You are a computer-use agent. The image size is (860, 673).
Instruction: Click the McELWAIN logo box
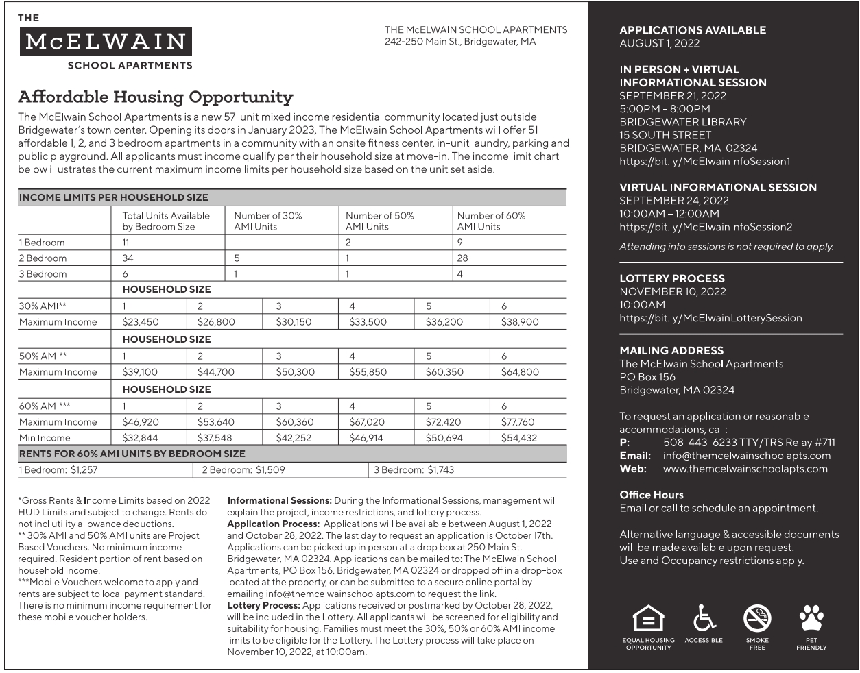[x=105, y=42]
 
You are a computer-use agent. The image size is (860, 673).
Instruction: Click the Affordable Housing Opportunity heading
[x=156, y=97]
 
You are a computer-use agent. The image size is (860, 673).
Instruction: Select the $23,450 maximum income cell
[x=141, y=322]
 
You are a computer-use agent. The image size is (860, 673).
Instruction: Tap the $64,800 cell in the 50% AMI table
[x=520, y=372]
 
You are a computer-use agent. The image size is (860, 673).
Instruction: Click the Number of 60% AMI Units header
[x=491, y=221]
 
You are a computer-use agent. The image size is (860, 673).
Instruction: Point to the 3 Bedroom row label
[x=43, y=274]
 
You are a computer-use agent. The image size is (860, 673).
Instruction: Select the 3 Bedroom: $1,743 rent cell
[x=414, y=470]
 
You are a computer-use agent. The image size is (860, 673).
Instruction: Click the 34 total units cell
[x=128, y=258]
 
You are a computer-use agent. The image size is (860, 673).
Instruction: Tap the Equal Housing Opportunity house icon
[x=648, y=619]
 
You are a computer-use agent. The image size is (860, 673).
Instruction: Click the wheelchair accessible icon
[x=704, y=618]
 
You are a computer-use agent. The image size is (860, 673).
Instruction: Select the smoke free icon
[x=757, y=619]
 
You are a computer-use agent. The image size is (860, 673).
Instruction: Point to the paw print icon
[x=811, y=617]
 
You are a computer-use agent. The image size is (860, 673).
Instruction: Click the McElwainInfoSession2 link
[x=706, y=227]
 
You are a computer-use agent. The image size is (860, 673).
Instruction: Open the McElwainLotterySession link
[x=710, y=318]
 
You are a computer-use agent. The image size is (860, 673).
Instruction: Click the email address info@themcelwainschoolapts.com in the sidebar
[x=746, y=456]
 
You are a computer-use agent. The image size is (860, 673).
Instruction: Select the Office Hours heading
[x=651, y=495]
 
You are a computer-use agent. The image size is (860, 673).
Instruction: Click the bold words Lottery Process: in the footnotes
[x=263, y=606]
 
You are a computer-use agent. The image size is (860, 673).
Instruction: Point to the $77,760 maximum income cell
[x=518, y=422]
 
